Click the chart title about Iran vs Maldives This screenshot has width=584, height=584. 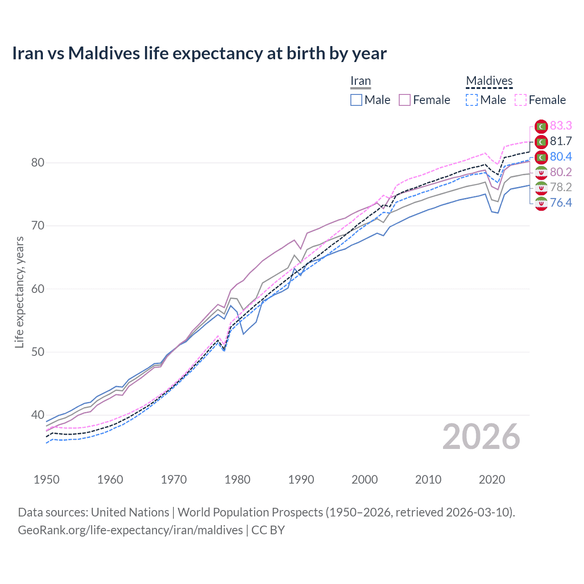click(x=199, y=53)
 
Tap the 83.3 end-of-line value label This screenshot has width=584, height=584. click(x=561, y=125)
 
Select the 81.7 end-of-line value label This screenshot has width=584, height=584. click(x=561, y=141)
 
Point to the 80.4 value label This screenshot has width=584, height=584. click(x=561, y=156)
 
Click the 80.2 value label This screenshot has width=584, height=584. click(x=561, y=172)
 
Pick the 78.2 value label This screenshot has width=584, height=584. click(x=561, y=187)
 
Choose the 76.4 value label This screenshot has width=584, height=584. click(x=561, y=203)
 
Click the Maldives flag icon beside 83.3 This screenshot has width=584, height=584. click(x=541, y=126)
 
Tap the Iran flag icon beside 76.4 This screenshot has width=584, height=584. click(x=541, y=203)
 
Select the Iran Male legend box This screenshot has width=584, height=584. click(x=356, y=100)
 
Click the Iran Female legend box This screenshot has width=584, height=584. click(x=405, y=100)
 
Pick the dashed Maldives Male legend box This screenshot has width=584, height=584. click(x=472, y=100)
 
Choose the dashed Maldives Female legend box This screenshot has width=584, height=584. click(x=521, y=100)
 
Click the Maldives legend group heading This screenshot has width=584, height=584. click(x=489, y=81)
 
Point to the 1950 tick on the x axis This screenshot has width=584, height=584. click(x=47, y=480)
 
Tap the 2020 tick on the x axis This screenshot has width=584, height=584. click(x=492, y=480)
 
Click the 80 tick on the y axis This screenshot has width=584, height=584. click(x=38, y=163)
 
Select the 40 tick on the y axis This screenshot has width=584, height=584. click(x=38, y=415)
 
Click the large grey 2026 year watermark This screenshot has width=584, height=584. click(x=481, y=437)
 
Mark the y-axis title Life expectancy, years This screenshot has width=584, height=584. click(x=19, y=292)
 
